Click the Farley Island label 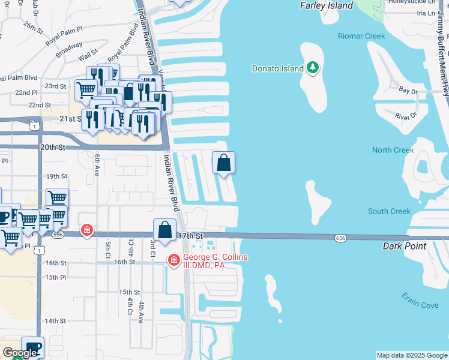(325, 6)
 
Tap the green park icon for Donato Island (312, 68)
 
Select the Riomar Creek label (361, 37)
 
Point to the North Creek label (393, 150)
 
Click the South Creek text (389, 211)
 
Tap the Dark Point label (405, 247)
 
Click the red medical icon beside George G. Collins (174, 260)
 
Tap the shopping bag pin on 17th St (164, 229)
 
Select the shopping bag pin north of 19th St (223, 162)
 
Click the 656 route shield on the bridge (340, 238)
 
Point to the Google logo (20, 353)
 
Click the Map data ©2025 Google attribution (412, 355)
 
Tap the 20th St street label (52, 147)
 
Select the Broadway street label (69, 52)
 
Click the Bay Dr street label (408, 90)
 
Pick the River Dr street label (406, 115)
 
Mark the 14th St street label (55, 321)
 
